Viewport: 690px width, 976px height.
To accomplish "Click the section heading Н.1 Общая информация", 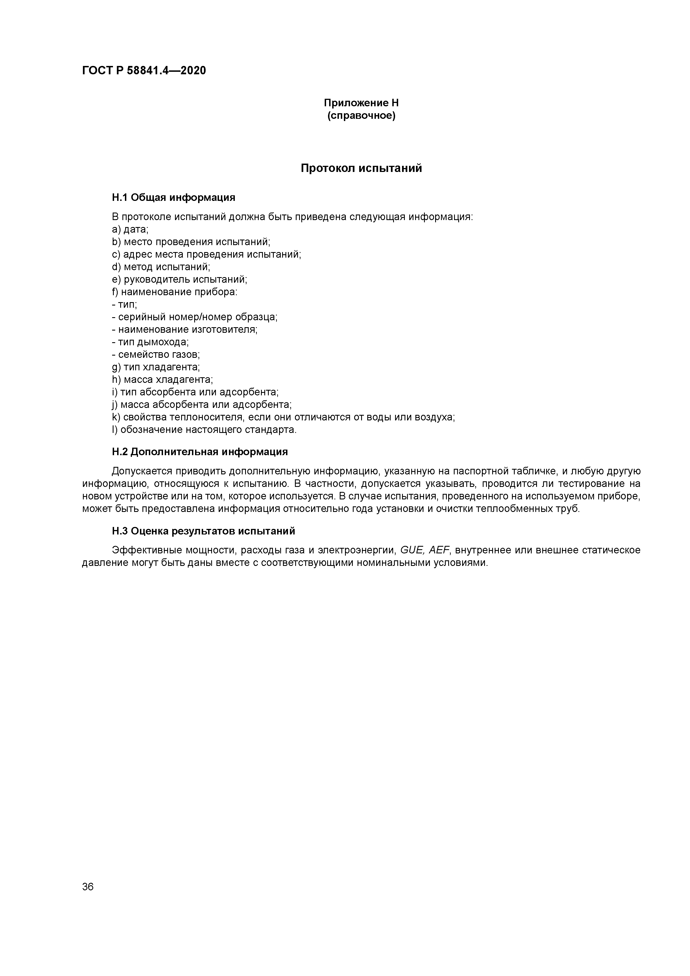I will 173,197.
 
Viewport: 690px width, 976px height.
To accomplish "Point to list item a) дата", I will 130,230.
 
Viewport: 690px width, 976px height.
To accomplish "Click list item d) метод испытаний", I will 161,267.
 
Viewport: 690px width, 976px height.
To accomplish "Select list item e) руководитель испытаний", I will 179,279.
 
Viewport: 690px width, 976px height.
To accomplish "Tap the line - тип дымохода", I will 151,342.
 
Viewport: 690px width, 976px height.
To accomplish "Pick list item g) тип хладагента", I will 156,367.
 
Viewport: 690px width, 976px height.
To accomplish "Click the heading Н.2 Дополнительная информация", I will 200,452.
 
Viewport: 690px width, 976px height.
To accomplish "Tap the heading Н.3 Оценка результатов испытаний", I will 203,531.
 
